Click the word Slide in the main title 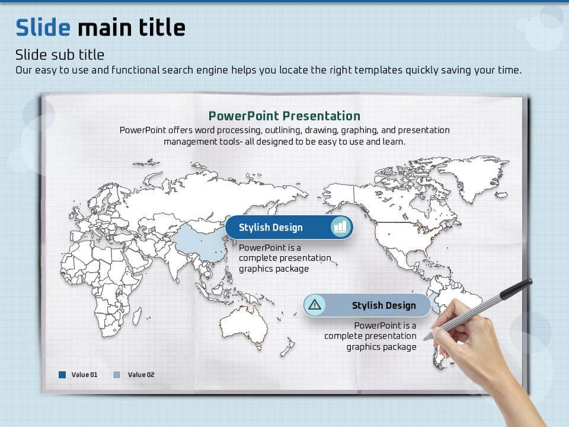coord(43,28)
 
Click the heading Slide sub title coord(60,55)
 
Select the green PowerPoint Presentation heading coord(284,116)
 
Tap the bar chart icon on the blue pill coord(340,227)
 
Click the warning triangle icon coord(315,305)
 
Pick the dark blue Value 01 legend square coord(62,375)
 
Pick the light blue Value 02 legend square coord(117,375)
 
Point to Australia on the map coord(243,326)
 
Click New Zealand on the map coord(287,348)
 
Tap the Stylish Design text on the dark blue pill coord(271,228)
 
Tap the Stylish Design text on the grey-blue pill coord(384,305)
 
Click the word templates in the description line coord(379,70)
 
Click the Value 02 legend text coord(141,375)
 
